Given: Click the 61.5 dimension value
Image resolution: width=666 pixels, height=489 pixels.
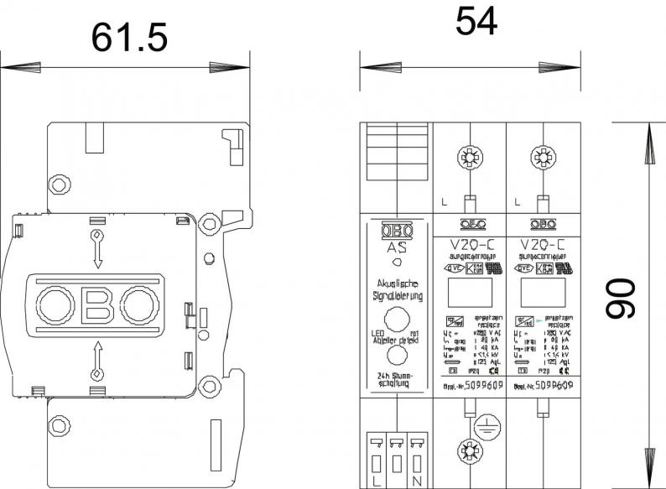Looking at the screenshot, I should click(x=130, y=37).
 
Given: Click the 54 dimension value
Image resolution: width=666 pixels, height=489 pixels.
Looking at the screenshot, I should click(x=476, y=21).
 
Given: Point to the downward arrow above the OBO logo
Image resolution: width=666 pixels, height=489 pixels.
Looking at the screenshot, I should click(x=97, y=248).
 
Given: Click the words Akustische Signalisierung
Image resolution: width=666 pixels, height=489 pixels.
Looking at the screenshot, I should click(x=397, y=291).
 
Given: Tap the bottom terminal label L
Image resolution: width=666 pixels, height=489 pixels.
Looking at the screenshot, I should click(x=373, y=481).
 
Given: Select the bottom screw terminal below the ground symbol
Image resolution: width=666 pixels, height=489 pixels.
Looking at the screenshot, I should click(x=469, y=450).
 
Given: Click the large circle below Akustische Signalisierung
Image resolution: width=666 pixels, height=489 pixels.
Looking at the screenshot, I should click(x=396, y=320).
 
